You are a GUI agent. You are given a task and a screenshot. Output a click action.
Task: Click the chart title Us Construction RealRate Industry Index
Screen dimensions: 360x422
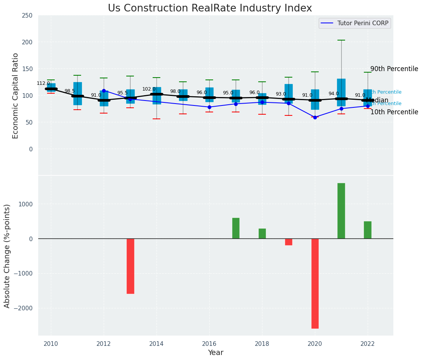[x=210, y=8]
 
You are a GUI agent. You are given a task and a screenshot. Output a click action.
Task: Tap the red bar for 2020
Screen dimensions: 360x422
[x=315, y=283]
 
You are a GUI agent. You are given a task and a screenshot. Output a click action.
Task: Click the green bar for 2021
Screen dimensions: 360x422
[x=341, y=211]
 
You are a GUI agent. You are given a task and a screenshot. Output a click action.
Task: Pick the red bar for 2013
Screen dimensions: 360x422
[x=130, y=266]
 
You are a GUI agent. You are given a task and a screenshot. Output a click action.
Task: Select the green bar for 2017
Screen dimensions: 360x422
[x=236, y=228]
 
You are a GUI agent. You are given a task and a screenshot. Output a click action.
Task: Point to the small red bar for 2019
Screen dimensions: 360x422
[x=288, y=242]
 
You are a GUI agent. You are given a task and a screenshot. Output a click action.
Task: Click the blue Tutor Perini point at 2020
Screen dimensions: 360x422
[x=315, y=117]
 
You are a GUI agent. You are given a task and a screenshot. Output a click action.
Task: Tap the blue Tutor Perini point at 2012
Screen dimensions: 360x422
[x=104, y=91]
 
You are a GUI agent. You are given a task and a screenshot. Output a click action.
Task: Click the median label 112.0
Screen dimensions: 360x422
[x=43, y=83]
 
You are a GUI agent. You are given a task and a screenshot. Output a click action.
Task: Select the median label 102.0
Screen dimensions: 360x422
[x=149, y=89]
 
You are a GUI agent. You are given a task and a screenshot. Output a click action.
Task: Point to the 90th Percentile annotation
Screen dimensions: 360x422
[x=394, y=69]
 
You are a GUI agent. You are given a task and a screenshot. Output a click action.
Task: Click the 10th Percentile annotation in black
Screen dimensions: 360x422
[x=394, y=112]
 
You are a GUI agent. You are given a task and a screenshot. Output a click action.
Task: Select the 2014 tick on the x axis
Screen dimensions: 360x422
[x=156, y=344]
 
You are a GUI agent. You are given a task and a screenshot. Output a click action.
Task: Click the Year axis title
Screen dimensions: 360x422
[x=216, y=353]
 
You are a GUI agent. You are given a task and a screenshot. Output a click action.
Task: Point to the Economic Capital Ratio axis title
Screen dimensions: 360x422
[x=16, y=96]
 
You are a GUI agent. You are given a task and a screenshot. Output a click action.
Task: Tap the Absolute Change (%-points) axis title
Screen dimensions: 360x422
[x=7, y=256]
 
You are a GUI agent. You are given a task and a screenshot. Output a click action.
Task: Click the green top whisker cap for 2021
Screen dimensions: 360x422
[x=341, y=40]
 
